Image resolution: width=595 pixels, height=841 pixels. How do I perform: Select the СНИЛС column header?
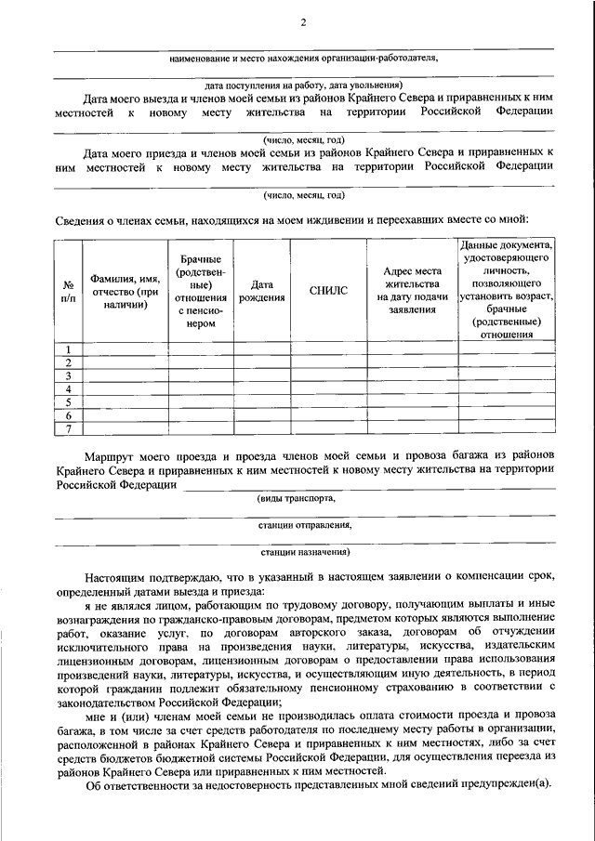coord(328,290)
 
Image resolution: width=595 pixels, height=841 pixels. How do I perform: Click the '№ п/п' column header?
coord(69,290)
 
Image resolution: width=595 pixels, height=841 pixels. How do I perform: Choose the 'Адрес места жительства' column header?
coord(412,290)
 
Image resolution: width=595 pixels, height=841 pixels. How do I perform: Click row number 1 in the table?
coord(69,348)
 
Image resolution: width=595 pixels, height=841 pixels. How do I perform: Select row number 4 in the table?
coord(69,388)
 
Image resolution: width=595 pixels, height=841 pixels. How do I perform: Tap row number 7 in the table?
coord(69,428)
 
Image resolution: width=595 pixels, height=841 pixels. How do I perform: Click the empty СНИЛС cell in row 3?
coord(328,375)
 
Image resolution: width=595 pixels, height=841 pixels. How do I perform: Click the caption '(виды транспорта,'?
coord(297,498)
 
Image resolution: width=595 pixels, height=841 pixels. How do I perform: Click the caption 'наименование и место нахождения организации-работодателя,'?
coord(304,58)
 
